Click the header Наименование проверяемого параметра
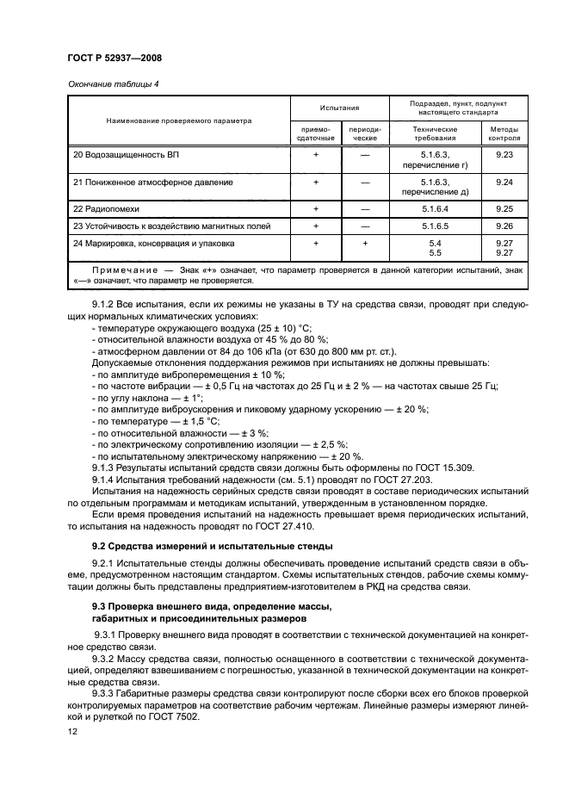179,121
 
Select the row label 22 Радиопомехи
106,209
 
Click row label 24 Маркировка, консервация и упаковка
153,244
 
